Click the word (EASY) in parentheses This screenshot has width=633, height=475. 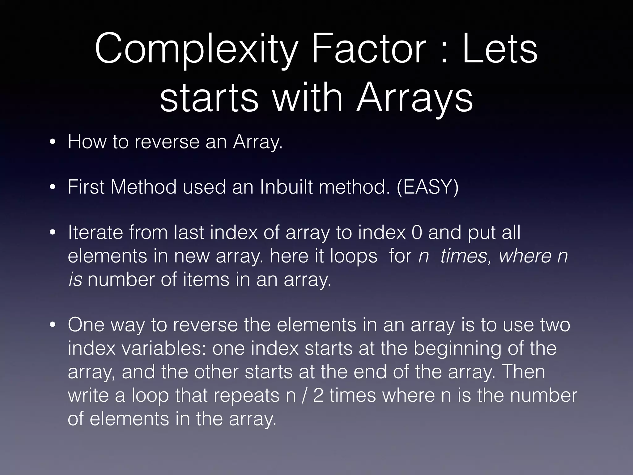point(427,187)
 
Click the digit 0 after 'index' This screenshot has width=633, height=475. point(417,233)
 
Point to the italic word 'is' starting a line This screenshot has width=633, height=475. point(75,280)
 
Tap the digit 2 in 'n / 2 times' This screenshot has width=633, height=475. point(318,396)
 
